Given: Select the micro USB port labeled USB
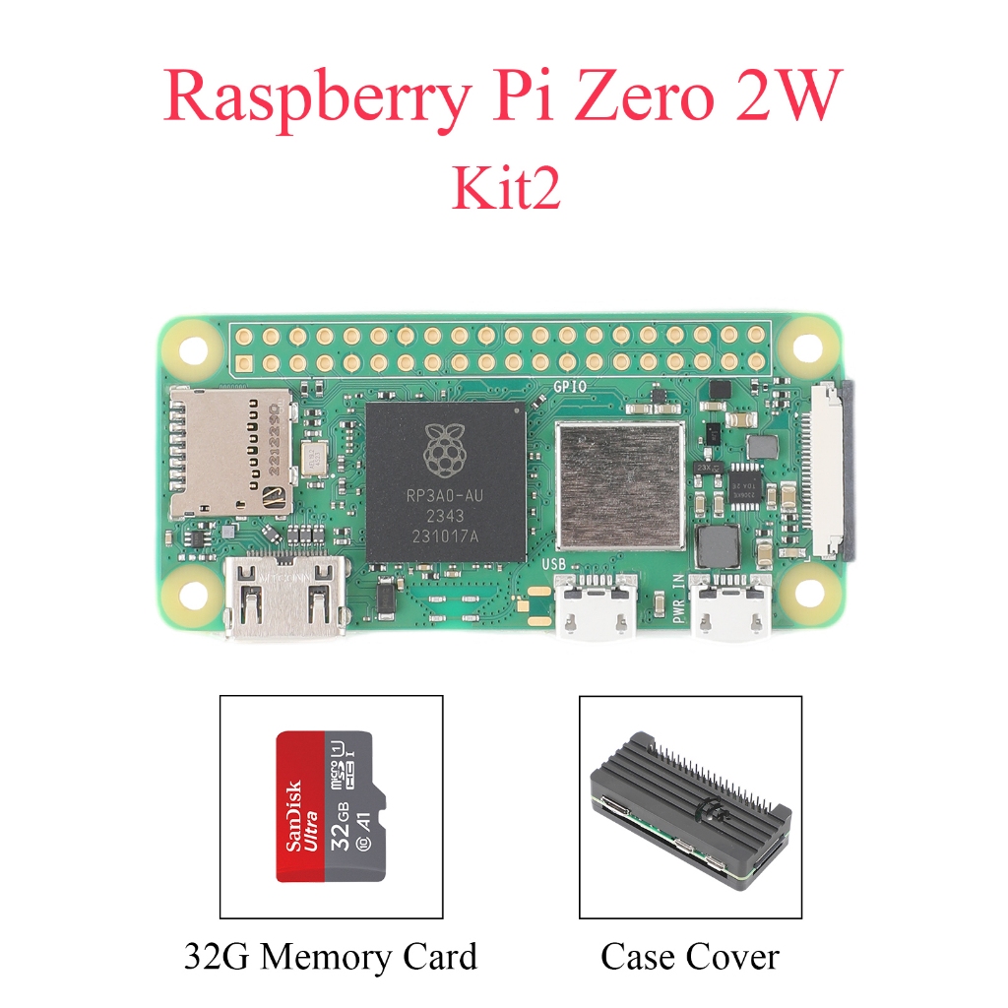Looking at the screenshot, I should point(594,606).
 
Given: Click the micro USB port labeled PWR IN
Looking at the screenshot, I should point(729,606).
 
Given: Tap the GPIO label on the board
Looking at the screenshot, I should point(571,387).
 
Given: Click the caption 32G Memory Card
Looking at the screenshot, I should point(331,957).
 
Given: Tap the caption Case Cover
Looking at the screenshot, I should point(689,957).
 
